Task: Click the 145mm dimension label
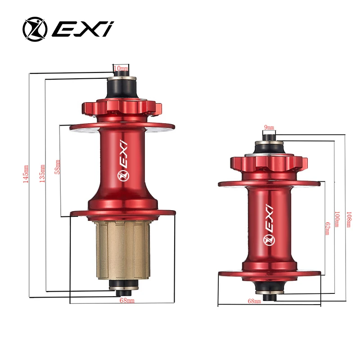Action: click(26, 173)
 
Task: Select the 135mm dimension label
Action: click(42, 173)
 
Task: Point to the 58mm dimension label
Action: click(57, 167)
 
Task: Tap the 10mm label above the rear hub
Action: click(121, 68)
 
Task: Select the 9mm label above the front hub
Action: click(268, 128)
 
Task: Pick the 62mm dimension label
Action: click(328, 227)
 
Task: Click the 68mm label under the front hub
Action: click(254, 301)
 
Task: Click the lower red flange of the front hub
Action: click(269, 273)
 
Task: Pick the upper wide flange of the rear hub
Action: click(122, 127)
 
